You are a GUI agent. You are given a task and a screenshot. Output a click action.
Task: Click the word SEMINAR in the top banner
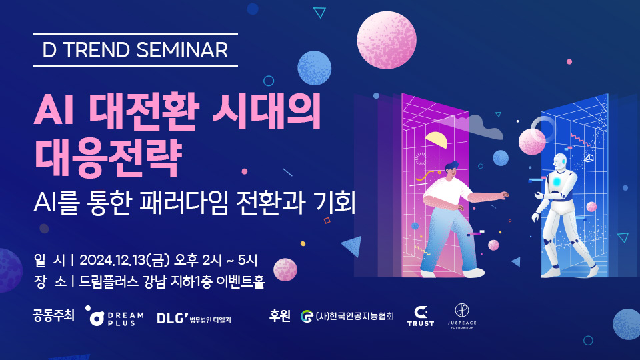182,50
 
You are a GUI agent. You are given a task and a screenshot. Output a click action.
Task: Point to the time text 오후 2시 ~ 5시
216,260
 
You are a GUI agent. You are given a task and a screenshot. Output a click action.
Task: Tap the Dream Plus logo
114,316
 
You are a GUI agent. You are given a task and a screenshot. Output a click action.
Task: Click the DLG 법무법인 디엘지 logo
194,319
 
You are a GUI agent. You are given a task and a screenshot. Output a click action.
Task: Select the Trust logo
421,317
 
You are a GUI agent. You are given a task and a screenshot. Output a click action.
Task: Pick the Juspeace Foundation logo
462,316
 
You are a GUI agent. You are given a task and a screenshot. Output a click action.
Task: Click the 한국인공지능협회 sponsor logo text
347,316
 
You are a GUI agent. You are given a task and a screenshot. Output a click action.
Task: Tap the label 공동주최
53,315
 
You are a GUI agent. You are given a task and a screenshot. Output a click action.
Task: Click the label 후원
279,315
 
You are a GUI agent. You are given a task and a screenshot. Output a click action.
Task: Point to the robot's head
560,163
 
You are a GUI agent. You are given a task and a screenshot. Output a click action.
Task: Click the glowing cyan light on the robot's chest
557,181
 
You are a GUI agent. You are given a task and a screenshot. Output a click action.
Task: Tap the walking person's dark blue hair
451,166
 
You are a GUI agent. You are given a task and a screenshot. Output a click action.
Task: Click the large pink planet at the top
387,40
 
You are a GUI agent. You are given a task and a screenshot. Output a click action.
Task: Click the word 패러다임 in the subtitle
183,202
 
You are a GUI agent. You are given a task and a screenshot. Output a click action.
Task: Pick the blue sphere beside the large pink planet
314,68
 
